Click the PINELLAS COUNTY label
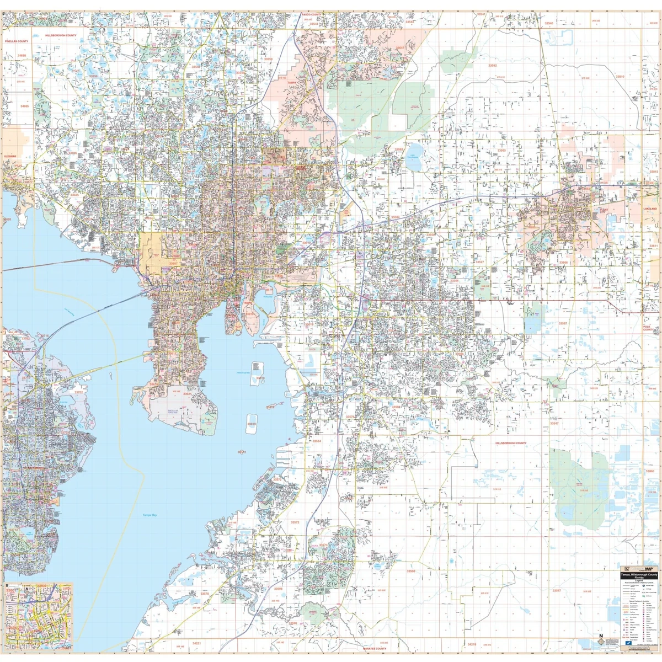(x=17, y=41)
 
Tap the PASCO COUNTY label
(x=311, y=14)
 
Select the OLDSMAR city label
(x=9, y=156)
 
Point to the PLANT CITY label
(x=604, y=210)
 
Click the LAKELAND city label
(x=650, y=209)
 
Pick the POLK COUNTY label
(x=648, y=328)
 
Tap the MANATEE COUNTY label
(x=375, y=649)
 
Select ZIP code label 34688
(x=22, y=56)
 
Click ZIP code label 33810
(x=620, y=77)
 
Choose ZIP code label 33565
(x=501, y=150)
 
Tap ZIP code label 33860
(x=650, y=472)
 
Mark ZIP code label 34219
(x=472, y=644)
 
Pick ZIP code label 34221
(x=196, y=643)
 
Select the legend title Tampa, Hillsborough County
(x=638, y=575)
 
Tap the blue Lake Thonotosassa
(x=414, y=161)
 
